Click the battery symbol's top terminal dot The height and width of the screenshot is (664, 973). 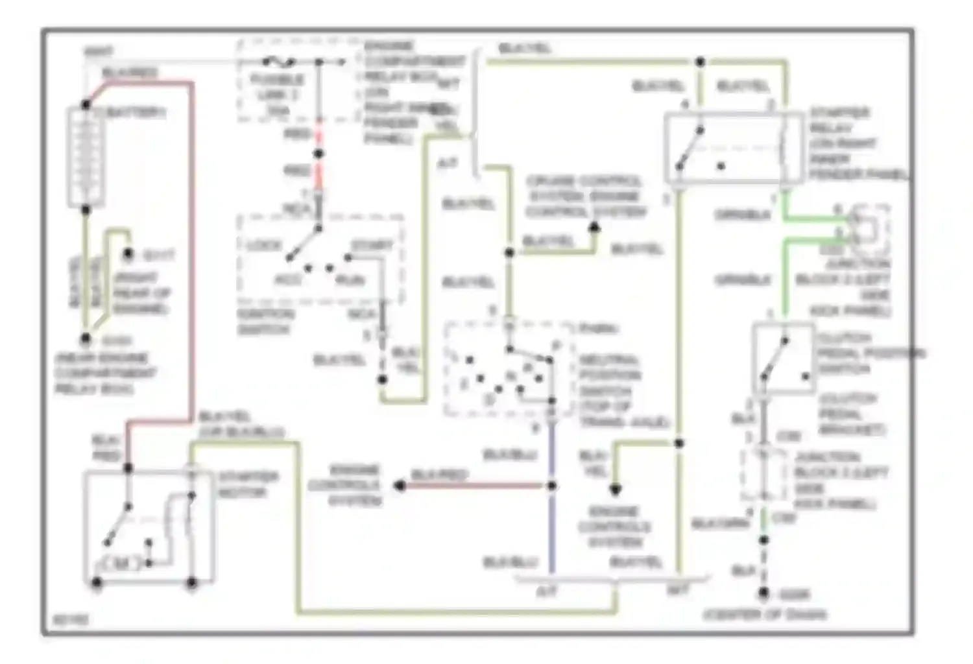click(x=86, y=104)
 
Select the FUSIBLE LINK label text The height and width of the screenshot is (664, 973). click(x=277, y=88)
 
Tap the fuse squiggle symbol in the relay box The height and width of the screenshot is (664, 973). click(x=280, y=62)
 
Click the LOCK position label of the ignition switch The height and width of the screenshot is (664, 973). click(x=264, y=246)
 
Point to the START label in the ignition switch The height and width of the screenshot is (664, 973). click(x=372, y=246)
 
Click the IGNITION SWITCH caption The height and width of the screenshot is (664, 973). click(x=266, y=322)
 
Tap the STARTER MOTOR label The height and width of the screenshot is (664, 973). click(x=248, y=484)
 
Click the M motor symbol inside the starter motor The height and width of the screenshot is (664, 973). click(x=121, y=564)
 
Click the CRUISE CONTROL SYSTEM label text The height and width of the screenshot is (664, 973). click(x=585, y=196)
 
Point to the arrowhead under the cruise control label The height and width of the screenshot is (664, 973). click(x=594, y=228)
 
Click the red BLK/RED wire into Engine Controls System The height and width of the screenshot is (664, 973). click(x=474, y=486)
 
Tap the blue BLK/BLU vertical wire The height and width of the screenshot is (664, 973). click(x=552, y=525)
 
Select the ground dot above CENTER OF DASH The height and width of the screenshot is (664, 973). click(x=764, y=593)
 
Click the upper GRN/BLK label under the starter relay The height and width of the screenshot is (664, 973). click(x=743, y=215)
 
